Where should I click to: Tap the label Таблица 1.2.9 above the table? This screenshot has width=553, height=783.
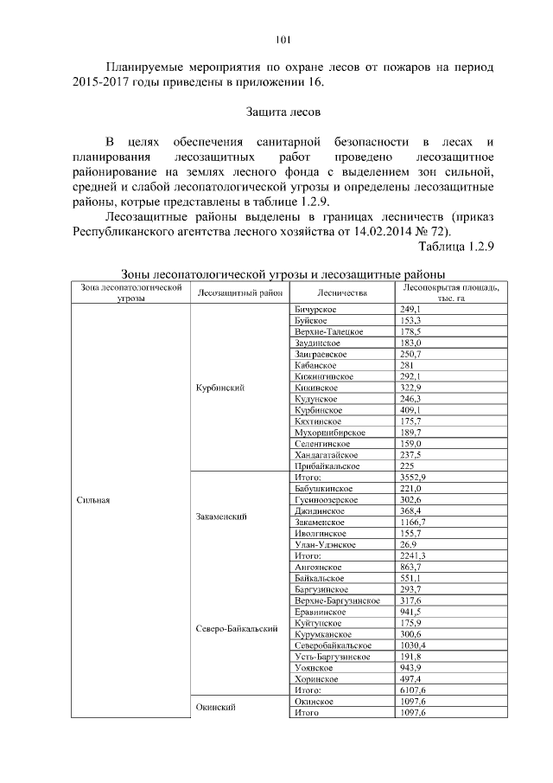coord(454,247)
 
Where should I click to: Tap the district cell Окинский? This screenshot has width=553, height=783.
coord(216,707)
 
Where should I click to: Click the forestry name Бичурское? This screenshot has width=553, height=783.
coord(315,309)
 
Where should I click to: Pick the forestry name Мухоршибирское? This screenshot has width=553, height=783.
coord(329,432)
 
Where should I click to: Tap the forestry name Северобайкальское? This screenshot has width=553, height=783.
coord(333,645)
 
